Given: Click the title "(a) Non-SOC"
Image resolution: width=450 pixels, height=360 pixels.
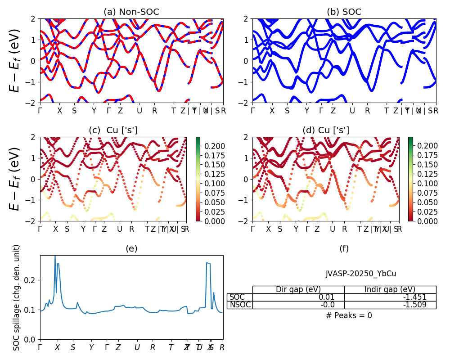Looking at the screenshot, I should [131, 12].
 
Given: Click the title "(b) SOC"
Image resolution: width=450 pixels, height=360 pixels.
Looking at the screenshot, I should [344, 12].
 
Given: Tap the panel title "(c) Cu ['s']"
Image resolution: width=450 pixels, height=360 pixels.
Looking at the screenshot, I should [113, 130].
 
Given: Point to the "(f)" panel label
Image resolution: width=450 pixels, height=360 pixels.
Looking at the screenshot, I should [344, 248].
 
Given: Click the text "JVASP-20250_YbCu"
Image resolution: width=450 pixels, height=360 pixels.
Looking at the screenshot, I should [361, 274].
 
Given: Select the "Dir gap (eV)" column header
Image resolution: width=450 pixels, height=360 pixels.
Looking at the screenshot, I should [298, 289].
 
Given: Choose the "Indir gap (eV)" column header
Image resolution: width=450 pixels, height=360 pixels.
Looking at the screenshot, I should [390, 289].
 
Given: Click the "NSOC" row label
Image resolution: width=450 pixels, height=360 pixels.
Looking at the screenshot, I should [239, 305].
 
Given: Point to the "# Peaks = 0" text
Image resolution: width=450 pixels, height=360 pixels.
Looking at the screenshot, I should [349, 315].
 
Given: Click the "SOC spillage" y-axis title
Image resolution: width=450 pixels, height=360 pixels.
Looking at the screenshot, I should [17, 297].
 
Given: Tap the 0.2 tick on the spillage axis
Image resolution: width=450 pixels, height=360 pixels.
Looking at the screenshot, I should [31, 280].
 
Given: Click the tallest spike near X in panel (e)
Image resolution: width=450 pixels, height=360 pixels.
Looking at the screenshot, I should [55, 256].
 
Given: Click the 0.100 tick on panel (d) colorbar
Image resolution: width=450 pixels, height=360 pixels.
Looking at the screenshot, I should [425, 183].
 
